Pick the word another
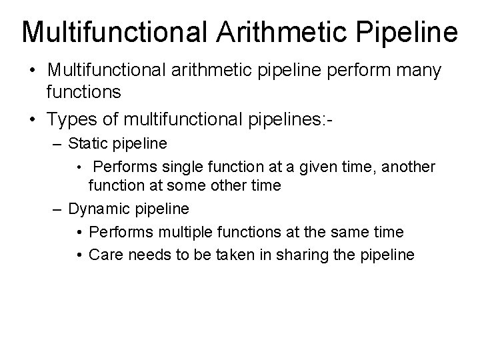pyautogui.click(x=407, y=165)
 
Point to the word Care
pyautogui.click(x=103, y=254)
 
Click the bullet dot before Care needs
pyautogui.click(x=79, y=255)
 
